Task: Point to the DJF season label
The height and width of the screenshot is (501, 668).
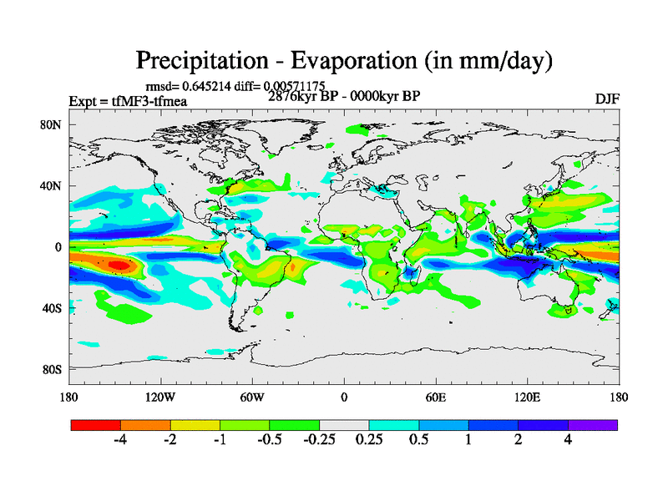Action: tap(606, 99)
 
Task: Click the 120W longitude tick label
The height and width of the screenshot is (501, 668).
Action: tap(159, 397)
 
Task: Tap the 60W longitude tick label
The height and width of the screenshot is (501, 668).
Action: tap(252, 397)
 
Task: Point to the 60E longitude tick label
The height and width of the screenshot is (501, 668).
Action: tap(435, 397)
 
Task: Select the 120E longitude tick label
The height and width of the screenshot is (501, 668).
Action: tap(527, 397)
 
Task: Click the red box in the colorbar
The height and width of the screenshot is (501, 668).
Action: tap(96, 425)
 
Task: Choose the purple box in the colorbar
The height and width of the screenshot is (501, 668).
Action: tap(593, 425)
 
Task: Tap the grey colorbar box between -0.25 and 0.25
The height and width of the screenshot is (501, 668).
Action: tap(344, 425)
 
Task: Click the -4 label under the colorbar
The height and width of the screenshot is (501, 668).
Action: tap(120, 441)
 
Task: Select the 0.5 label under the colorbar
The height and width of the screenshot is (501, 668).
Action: tap(418, 441)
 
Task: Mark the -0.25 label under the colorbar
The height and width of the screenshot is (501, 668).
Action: tap(318, 441)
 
